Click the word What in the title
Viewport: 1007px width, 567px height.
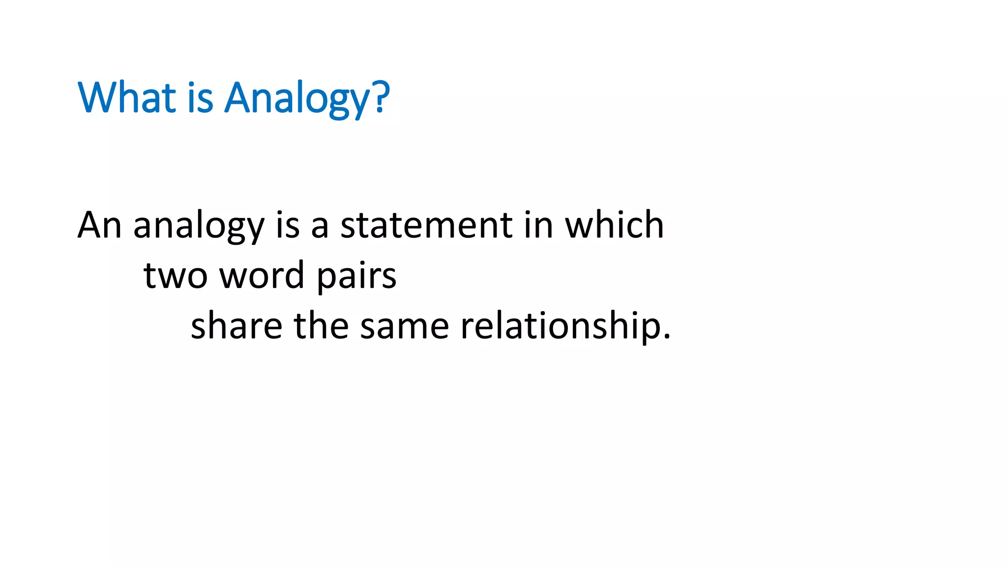pos(127,97)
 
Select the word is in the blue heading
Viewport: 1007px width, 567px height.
pos(200,97)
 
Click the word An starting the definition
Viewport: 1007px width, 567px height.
pos(99,225)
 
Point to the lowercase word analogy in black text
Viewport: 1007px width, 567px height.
pos(199,226)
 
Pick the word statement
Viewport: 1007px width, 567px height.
pos(426,225)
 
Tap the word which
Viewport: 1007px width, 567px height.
pos(614,225)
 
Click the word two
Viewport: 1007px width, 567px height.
pos(175,276)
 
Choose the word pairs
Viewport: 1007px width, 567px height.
pos(356,277)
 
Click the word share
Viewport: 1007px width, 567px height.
pos(236,326)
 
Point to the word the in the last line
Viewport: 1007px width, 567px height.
pos(321,326)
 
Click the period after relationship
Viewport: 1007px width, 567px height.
pos(667,337)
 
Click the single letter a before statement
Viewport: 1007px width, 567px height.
pos(320,227)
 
